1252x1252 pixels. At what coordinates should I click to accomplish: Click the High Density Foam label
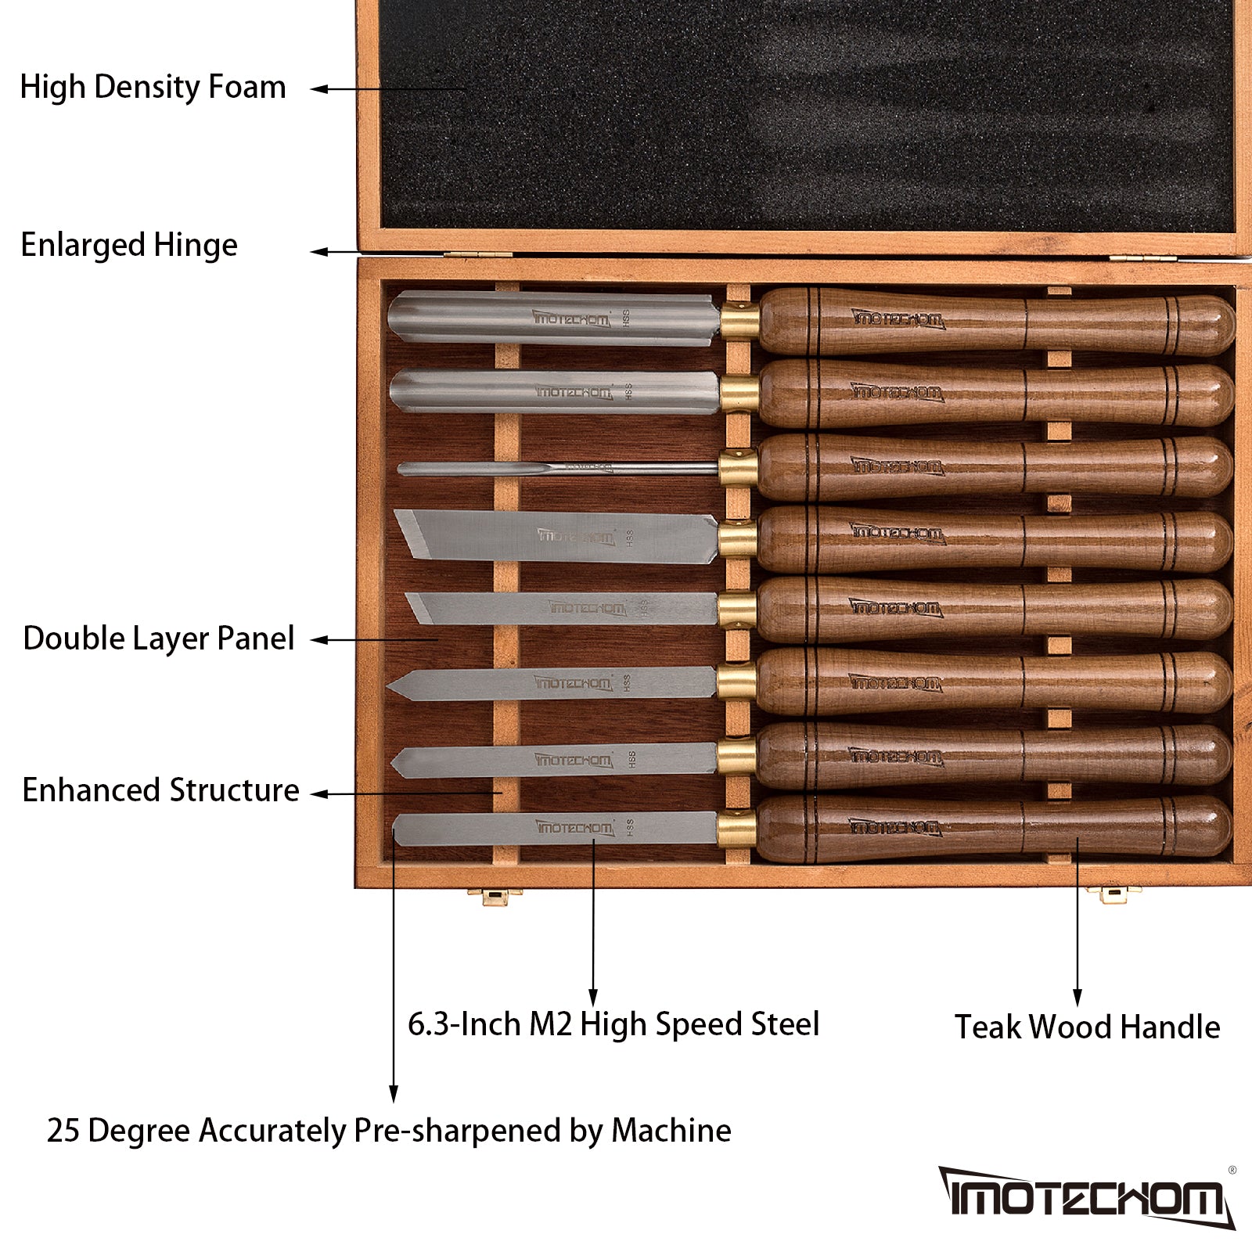pos(153,88)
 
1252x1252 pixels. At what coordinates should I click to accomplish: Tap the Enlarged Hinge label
pos(129,246)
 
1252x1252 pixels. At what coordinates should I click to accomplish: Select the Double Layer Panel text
pos(158,639)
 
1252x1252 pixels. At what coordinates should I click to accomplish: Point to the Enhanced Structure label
pos(160,790)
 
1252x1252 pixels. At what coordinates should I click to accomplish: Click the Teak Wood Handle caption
pos(1087,1027)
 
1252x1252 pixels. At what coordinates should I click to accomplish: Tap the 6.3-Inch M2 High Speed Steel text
pos(613,1024)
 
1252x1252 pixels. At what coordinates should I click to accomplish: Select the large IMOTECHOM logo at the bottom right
pos(1085,1197)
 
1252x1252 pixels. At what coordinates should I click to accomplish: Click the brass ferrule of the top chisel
pos(739,321)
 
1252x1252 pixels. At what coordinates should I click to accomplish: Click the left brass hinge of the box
pos(477,255)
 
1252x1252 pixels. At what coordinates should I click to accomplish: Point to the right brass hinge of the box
pos(1142,257)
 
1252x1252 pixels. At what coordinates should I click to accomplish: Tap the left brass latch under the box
pos(495,896)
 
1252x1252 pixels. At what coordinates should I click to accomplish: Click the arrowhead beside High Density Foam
pos(318,89)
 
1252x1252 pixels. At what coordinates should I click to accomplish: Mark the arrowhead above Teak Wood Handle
pos(1078,998)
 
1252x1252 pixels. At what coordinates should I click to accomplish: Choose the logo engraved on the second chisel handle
pos(898,392)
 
